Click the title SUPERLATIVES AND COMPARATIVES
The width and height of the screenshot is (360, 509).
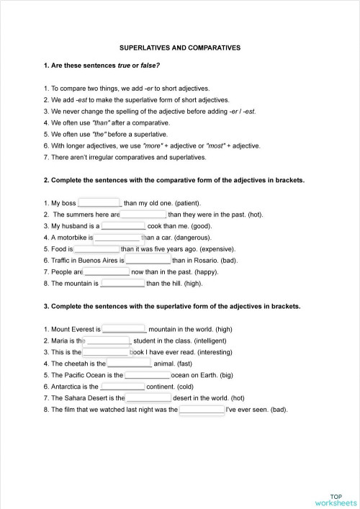[x=179, y=48]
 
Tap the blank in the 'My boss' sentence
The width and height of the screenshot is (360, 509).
[x=99, y=203]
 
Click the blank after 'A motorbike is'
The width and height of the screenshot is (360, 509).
[x=117, y=237]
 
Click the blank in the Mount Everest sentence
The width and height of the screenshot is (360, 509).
[x=124, y=328]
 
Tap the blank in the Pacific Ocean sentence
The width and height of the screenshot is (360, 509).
[x=148, y=374]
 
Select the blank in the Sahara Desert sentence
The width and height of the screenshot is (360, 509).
[x=148, y=397]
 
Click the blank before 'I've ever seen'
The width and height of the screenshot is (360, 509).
[x=202, y=409]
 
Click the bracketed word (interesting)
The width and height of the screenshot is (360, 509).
[x=213, y=352]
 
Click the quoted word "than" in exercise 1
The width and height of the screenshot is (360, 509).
[x=103, y=122]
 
